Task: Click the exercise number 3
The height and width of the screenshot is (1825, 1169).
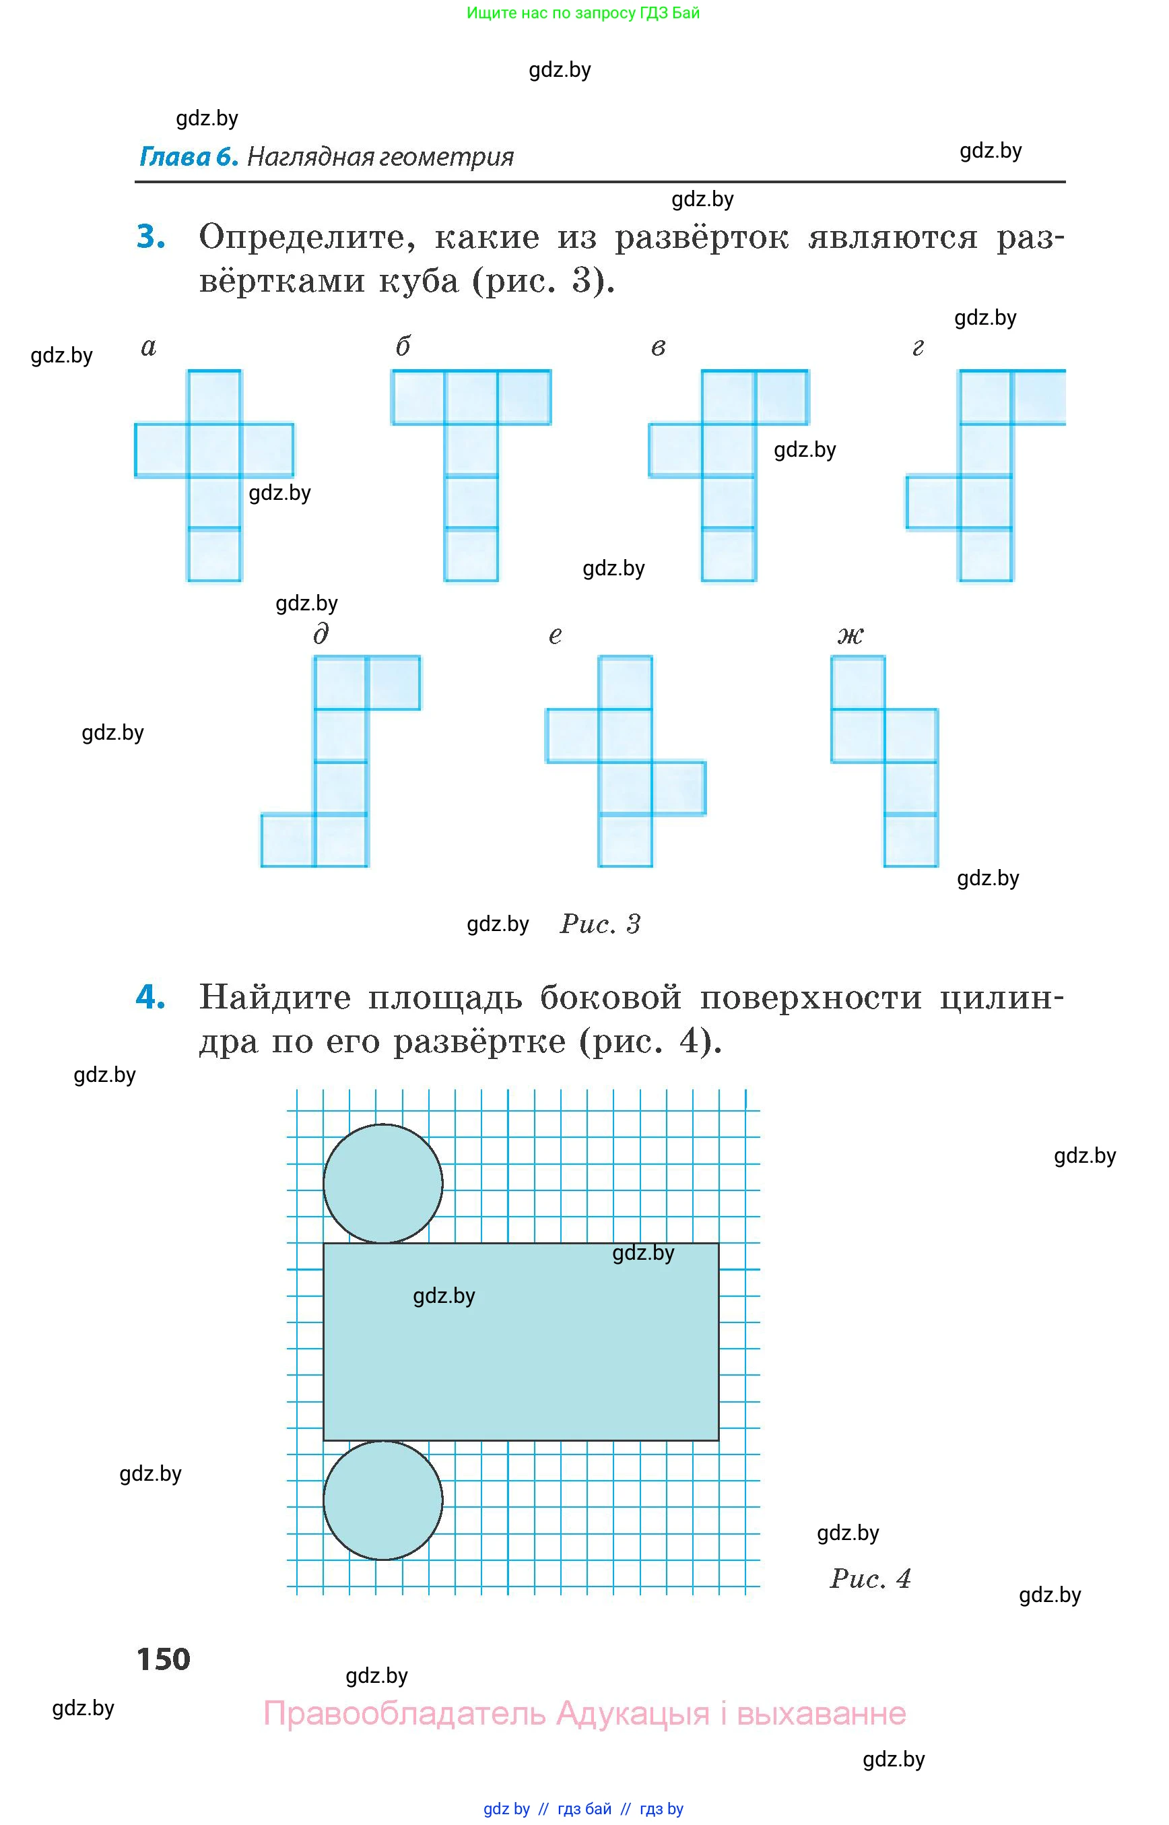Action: point(151,237)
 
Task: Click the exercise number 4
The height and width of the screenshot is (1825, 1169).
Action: point(150,996)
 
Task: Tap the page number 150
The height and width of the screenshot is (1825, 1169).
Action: point(163,1659)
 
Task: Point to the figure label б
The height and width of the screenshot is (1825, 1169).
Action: point(403,346)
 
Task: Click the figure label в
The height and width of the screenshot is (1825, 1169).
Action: point(658,347)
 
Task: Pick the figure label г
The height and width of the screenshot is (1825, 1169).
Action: point(918,347)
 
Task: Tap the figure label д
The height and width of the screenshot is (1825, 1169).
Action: point(321,633)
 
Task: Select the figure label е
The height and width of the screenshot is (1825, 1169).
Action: point(555,634)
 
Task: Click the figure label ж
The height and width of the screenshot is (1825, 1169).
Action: point(850,634)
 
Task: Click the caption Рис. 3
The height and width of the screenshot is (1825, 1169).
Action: point(600,924)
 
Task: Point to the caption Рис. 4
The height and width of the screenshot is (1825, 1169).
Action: point(870,1578)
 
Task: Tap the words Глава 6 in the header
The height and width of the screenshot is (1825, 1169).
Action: point(189,156)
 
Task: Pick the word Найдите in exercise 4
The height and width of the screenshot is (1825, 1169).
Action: point(275,997)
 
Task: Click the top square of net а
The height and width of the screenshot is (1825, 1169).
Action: point(214,396)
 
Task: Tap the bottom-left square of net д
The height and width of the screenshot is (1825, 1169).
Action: point(288,840)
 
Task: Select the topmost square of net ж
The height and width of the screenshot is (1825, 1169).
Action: point(858,682)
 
